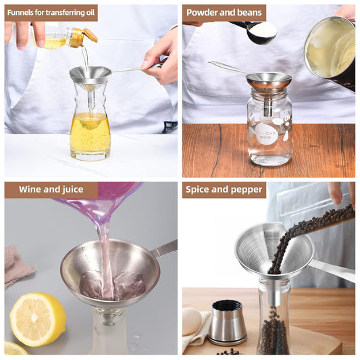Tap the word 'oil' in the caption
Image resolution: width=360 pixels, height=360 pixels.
click(91, 13)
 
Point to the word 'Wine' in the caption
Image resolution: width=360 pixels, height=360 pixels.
click(30, 189)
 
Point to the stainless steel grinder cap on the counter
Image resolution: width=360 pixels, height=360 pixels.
click(228, 323)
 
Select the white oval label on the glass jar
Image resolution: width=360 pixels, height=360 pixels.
click(267, 134)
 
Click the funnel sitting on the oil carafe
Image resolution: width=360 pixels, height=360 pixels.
click(91, 78)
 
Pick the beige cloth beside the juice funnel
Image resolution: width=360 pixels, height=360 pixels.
click(18, 265)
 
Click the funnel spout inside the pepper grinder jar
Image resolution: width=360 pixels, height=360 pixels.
click(275, 292)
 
